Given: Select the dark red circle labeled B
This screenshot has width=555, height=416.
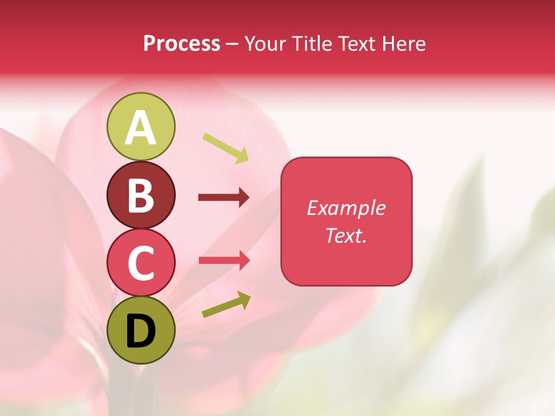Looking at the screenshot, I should (140, 195).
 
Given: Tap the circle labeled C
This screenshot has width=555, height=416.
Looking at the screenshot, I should (140, 262).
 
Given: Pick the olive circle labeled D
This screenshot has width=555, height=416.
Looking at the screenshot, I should (140, 330).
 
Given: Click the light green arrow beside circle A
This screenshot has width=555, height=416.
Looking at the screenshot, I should (225, 148).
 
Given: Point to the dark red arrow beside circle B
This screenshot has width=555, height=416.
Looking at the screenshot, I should (224, 198).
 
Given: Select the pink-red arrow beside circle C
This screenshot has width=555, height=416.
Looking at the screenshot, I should (224, 260).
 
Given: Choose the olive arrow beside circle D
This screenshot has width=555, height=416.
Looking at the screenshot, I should (226, 304).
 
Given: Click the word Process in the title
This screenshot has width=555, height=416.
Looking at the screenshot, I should (182, 44).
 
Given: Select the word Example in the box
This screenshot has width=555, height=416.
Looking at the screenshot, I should (346, 208).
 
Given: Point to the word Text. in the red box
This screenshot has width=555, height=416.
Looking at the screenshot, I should (346, 236).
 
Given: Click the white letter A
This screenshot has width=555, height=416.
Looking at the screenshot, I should (140, 128).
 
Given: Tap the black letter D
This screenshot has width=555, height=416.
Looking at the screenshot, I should (140, 331).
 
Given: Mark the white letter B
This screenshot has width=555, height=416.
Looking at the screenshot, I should (140, 196).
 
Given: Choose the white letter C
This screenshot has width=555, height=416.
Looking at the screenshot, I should (140, 263).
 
